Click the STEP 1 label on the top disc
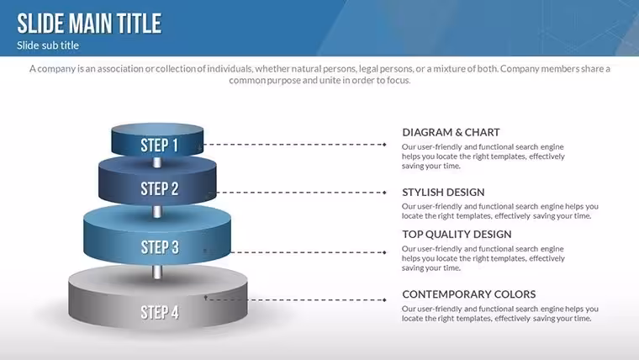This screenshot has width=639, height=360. point(160,146)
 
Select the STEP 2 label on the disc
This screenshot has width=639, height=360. point(160,188)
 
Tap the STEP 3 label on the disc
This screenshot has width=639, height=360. point(160,247)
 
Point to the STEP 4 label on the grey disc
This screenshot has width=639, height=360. point(160,313)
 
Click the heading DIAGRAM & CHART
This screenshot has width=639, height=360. point(451,133)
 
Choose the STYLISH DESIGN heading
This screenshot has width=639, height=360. point(443,193)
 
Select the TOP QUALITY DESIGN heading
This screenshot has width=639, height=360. point(457,235)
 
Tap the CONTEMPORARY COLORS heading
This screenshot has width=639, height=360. point(468,294)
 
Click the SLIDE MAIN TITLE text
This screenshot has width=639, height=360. point(89,24)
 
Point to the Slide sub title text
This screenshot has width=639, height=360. point(48,45)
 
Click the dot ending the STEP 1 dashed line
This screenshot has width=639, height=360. point(384,145)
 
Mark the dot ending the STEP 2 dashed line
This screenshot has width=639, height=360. point(384,193)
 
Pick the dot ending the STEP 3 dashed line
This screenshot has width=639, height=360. point(384,252)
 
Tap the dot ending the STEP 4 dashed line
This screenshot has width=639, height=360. point(384,300)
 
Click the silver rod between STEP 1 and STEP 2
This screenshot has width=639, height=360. point(157,162)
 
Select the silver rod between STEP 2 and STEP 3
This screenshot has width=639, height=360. point(157,212)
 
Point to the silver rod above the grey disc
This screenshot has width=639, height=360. point(157,272)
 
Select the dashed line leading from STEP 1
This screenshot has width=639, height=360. point(293,145)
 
